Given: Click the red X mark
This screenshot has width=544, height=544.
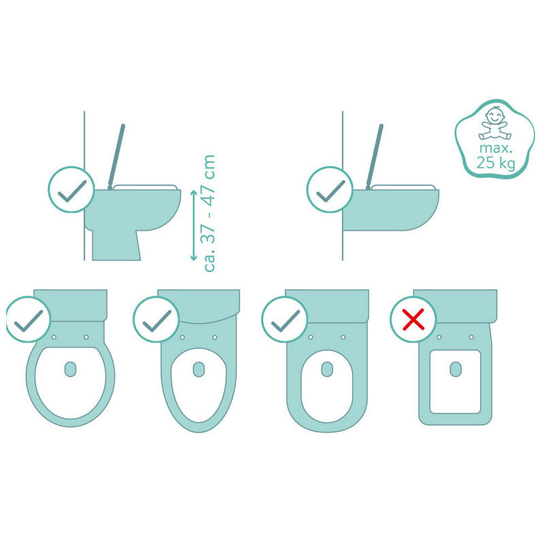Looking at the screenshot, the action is (413, 319).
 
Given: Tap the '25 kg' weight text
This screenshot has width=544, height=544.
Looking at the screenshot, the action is (496, 163).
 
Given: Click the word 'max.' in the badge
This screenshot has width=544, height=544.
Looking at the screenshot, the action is (496, 148).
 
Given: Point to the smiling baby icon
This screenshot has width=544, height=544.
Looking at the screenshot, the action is (495, 124).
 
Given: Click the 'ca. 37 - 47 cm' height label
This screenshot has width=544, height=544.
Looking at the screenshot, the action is (210, 214).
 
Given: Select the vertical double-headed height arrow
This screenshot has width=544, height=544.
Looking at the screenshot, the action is (194, 225).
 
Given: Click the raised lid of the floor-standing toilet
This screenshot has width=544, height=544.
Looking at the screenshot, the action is (116, 156).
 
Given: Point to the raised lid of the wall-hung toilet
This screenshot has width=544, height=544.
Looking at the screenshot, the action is (375, 156).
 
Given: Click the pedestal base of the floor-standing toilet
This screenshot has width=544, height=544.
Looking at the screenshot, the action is (116, 245).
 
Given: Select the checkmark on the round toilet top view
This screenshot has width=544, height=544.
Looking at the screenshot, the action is (29, 320).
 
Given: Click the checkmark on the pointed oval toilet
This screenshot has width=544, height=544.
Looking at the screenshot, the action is (156, 320).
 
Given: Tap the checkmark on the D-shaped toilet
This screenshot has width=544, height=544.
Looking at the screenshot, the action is (285, 320).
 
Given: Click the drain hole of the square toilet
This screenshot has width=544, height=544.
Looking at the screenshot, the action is (456, 369).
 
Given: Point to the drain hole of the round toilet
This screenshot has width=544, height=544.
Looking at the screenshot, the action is (71, 369).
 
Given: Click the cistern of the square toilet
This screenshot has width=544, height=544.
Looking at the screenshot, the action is (455, 305).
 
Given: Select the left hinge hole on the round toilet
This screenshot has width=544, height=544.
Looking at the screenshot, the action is (54, 337).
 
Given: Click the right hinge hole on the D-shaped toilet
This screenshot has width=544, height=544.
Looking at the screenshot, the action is (343, 337).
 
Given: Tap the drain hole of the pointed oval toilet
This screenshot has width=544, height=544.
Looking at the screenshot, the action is (199, 369).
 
